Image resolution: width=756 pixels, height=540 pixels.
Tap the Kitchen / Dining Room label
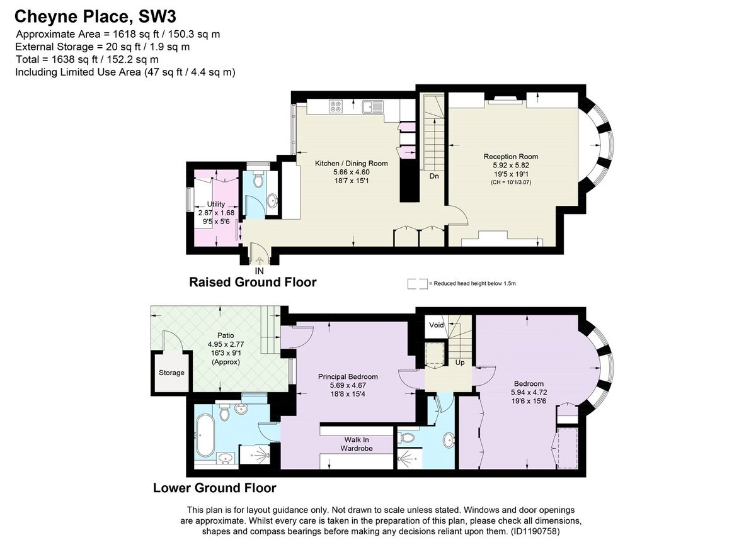pyautogui.click(x=352, y=163)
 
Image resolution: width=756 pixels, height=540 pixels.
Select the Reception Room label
pyautogui.click(x=510, y=156)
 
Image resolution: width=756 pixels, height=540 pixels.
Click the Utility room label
pyautogui.click(x=215, y=205)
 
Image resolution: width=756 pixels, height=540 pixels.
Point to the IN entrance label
pyautogui.click(x=259, y=271)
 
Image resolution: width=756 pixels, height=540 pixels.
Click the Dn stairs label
pyautogui.click(x=434, y=176)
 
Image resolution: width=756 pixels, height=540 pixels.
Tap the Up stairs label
pyautogui.click(x=461, y=363)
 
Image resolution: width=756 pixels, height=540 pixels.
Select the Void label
pyautogui.click(x=436, y=325)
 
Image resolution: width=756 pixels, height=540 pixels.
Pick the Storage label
pyautogui.click(x=171, y=373)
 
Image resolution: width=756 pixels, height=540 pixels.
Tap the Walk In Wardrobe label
pyautogui.click(x=357, y=444)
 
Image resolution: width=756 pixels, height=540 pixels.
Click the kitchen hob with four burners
pyautogui.click(x=336, y=108)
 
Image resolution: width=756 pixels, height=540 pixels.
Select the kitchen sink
pyautogui.click(x=371, y=108)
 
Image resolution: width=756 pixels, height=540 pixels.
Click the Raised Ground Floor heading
pyautogui.click(x=253, y=282)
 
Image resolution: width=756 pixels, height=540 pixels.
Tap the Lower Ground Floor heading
pyautogui.click(x=215, y=488)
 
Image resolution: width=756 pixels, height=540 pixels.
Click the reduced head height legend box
pyautogui.click(x=416, y=284)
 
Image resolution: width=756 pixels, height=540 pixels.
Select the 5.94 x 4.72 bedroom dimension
pyautogui.click(x=528, y=391)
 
